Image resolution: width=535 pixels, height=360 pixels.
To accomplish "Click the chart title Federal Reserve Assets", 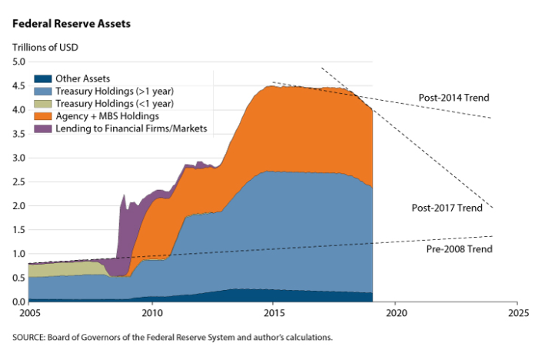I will tap(71, 24).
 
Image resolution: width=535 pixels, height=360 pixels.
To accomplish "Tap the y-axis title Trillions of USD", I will tap(45, 48).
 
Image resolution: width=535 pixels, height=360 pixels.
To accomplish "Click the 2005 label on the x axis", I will tap(28, 315).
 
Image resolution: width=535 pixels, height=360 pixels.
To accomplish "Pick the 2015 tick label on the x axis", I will tap(273, 315).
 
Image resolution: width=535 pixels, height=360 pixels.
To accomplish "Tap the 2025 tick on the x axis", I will tap(517, 315).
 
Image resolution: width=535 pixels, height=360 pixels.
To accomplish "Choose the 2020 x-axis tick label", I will tap(395, 315).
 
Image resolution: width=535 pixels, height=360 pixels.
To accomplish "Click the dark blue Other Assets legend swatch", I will tap(43, 78).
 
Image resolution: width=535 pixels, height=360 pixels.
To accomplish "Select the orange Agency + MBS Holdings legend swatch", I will tap(43, 116).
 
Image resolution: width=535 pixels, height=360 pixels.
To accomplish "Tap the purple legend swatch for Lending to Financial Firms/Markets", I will tap(43, 128).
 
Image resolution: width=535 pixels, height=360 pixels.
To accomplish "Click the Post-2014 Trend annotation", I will tap(454, 98).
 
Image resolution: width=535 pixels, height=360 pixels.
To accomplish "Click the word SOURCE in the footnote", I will tap(30, 337).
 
